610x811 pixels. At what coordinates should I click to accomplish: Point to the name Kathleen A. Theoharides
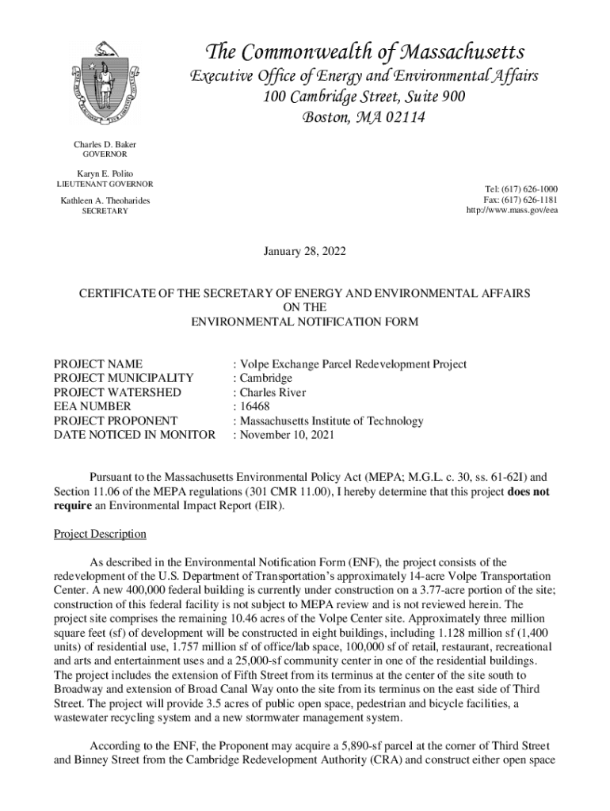(x=105, y=201)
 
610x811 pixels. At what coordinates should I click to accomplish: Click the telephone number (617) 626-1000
(x=528, y=189)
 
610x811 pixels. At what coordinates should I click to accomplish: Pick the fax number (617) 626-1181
(x=528, y=200)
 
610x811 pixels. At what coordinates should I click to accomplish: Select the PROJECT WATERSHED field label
(x=117, y=393)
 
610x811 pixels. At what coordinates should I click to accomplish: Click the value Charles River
(x=273, y=393)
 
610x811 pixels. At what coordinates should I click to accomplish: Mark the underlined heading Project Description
(x=100, y=534)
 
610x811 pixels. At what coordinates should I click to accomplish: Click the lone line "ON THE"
(x=304, y=307)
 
